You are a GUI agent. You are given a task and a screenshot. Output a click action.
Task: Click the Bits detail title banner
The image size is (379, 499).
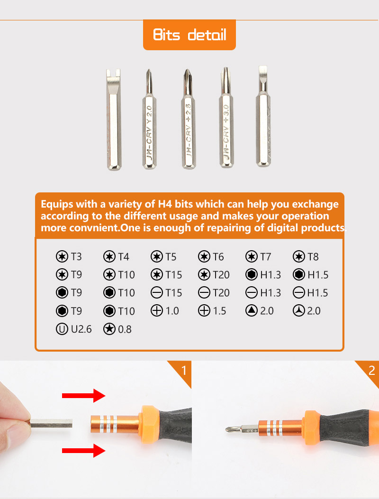(189, 35)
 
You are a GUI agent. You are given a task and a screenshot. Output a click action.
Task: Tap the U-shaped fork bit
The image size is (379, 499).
(113, 118)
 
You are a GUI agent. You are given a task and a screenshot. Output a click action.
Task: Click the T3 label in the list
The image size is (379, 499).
(76, 257)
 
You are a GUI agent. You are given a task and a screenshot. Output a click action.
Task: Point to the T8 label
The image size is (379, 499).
(313, 257)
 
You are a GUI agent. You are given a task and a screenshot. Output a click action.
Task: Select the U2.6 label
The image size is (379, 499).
(81, 329)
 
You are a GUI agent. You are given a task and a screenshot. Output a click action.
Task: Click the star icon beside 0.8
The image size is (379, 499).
(109, 329)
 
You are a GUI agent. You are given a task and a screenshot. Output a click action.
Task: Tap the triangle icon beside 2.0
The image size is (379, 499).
(252, 311)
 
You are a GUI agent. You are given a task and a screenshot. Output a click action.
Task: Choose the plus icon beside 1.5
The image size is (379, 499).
(204, 311)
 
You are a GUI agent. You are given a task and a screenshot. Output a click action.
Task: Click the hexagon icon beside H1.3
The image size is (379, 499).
(252, 275)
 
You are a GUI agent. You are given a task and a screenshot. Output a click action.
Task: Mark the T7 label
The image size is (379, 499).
(265, 257)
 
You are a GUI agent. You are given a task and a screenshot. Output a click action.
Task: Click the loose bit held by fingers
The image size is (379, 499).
(52, 422)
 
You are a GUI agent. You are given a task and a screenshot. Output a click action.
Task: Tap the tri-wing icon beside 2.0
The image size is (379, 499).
(299, 311)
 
